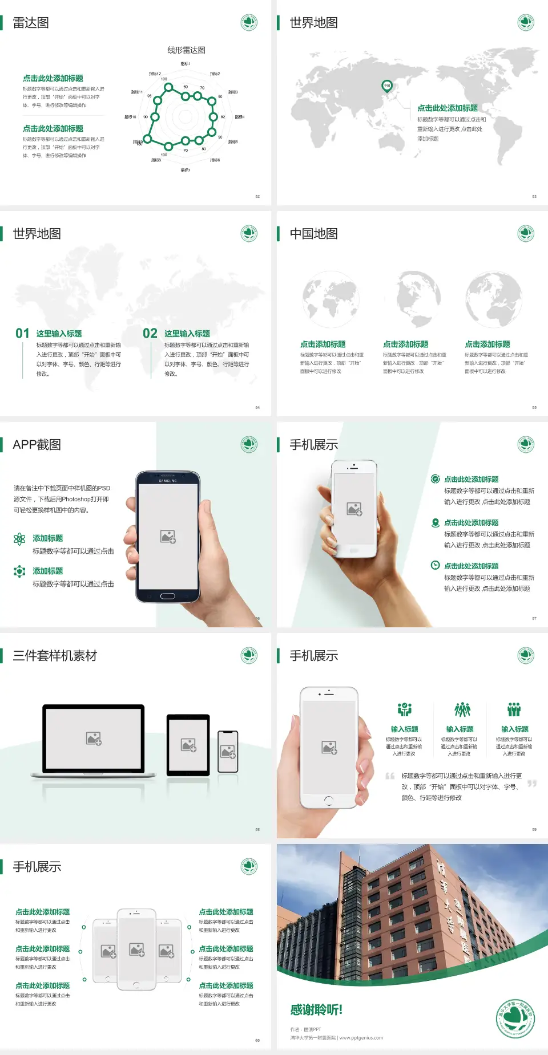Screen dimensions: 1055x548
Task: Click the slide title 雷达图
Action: (x=31, y=23)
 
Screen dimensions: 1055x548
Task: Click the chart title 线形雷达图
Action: (x=186, y=50)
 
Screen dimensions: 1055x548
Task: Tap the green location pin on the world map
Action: (x=386, y=86)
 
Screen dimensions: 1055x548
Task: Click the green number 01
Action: (x=22, y=333)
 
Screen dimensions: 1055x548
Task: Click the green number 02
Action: (x=150, y=333)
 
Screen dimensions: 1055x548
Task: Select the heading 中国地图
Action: (x=313, y=234)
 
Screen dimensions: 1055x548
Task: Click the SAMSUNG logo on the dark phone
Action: (x=168, y=481)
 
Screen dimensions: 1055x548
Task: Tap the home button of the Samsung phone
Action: (x=167, y=596)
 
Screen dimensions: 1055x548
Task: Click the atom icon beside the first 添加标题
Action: (x=19, y=539)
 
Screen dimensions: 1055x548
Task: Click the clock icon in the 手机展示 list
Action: (x=435, y=565)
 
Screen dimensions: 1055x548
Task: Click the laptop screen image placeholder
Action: (x=94, y=738)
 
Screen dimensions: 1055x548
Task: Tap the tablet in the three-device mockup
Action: (x=188, y=744)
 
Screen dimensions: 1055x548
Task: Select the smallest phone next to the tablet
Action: (x=228, y=752)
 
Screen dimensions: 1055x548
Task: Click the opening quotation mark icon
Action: (x=390, y=776)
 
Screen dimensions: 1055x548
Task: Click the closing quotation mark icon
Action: (x=532, y=784)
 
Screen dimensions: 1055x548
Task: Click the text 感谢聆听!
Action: (x=316, y=1010)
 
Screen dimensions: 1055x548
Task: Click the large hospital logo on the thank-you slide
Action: (x=515, y=1018)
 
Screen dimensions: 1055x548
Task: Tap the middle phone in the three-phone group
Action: (x=136, y=949)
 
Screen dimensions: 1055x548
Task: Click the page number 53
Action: (x=534, y=196)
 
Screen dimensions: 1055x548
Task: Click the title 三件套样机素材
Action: (x=55, y=656)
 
